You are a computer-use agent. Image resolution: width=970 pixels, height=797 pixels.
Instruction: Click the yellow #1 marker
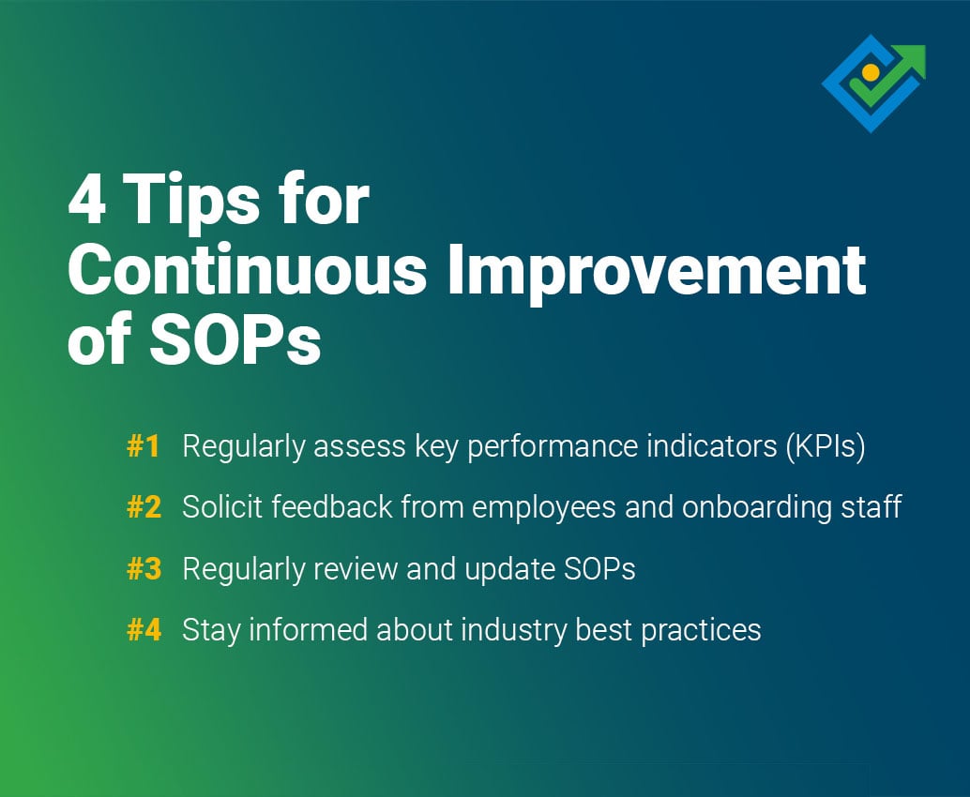[x=144, y=447]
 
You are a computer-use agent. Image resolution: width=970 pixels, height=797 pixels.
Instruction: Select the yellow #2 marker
[x=144, y=508]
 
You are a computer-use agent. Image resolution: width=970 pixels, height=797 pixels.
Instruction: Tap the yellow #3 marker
[x=144, y=569]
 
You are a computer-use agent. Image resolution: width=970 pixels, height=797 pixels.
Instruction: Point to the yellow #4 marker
[x=144, y=630]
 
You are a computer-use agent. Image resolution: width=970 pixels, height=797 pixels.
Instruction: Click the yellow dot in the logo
[x=871, y=72]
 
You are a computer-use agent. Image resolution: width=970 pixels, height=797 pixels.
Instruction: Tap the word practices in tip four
[x=701, y=630]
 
